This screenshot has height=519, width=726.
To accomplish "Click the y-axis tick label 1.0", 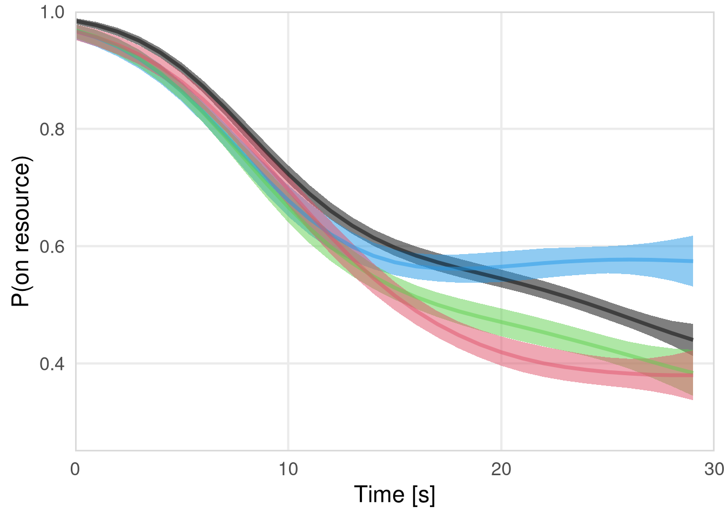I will click(52, 12).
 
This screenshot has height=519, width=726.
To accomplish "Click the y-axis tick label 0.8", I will click(52, 129).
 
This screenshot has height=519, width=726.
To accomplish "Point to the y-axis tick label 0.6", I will click(52, 247).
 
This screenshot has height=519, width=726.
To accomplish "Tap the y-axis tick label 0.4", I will click(52, 363).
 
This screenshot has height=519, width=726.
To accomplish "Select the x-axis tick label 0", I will click(76, 469).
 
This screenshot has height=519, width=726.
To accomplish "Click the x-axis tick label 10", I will click(288, 469).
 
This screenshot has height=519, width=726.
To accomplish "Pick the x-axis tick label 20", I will click(501, 469).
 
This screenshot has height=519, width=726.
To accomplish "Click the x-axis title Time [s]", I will click(394, 495).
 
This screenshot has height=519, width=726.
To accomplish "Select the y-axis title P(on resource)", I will click(22, 231).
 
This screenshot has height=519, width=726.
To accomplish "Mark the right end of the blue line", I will click(693, 261).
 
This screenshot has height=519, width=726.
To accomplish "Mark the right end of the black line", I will click(693, 340).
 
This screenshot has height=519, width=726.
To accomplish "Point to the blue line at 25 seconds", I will click(608, 260).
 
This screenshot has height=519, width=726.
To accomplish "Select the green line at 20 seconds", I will click(501, 322).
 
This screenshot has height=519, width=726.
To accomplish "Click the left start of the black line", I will click(77, 21).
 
